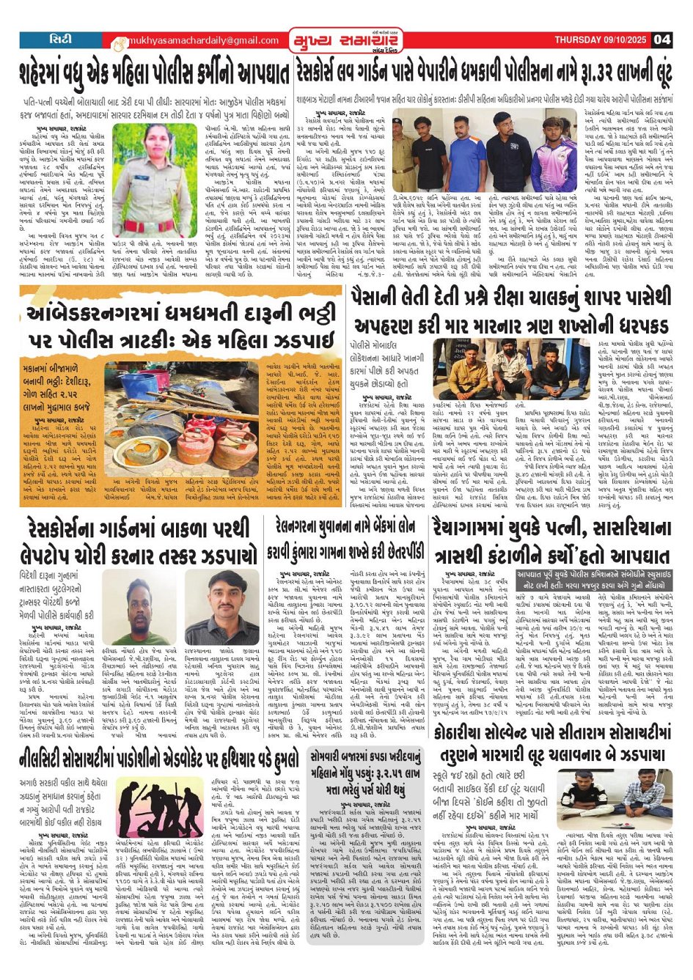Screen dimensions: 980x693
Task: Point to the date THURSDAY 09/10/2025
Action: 601,40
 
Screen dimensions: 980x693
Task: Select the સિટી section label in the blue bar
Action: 60,39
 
